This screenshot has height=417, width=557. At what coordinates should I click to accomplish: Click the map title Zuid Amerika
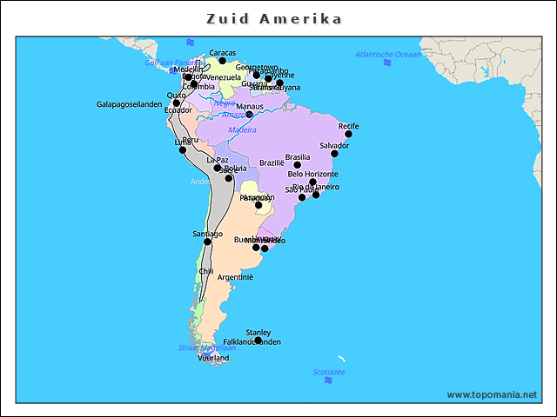[274, 18]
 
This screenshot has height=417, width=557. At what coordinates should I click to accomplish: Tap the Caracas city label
[223, 52]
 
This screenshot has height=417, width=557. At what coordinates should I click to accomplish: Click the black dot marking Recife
[349, 134]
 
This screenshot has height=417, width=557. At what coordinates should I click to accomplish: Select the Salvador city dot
[334, 154]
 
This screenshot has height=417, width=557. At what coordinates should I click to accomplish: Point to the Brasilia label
[297, 156]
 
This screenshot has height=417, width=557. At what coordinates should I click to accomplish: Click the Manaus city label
[250, 106]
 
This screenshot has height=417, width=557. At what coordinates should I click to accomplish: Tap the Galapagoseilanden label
[130, 104]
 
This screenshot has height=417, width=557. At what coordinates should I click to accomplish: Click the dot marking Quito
[177, 103]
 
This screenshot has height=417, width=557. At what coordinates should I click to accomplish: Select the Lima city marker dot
[183, 150]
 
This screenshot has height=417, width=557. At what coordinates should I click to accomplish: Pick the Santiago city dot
[207, 242]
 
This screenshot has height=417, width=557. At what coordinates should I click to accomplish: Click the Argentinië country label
[235, 277]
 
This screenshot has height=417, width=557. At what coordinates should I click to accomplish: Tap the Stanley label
[258, 332]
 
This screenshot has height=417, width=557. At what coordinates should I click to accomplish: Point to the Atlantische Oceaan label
[387, 54]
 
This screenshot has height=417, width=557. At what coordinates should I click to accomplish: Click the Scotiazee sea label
[329, 372]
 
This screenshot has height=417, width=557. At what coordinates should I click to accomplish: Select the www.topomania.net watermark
[492, 394]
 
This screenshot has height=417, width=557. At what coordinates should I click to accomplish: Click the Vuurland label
[213, 357]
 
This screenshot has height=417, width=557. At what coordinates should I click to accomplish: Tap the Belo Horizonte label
[313, 174]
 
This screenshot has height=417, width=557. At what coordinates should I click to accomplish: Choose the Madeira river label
[242, 130]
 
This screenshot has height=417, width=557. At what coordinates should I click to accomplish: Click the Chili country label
[206, 271]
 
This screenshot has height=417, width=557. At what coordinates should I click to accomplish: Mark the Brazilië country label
[272, 162]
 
